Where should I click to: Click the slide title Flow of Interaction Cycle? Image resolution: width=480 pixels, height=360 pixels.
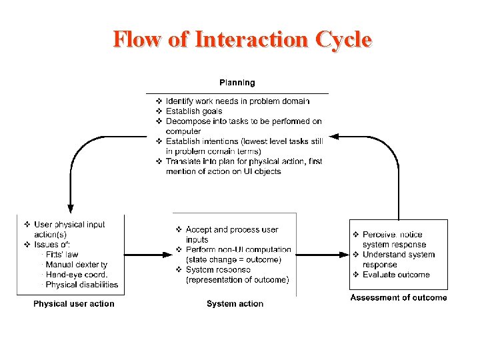(x=242, y=39)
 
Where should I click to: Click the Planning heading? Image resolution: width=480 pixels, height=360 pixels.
(x=237, y=83)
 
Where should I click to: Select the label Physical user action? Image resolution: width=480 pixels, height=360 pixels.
(x=74, y=304)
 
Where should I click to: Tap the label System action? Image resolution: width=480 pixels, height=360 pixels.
(x=235, y=304)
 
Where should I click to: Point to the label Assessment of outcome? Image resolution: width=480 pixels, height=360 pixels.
(x=399, y=297)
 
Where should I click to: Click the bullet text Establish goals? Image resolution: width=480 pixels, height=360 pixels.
(x=194, y=111)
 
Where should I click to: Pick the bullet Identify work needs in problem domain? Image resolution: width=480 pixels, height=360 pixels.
(x=237, y=101)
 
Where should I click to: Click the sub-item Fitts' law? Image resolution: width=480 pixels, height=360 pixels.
(x=62, y=255)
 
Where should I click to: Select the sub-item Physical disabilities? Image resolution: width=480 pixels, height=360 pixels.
(x=82, y=285)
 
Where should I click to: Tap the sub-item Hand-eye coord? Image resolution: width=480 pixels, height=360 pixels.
(x=77, y=275)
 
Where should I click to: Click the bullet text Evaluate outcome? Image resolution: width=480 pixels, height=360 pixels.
(x=396, y=275)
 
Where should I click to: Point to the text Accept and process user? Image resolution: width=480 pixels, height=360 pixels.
(x=232, y=230)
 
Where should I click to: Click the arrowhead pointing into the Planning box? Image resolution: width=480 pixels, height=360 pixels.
(x=334, y=136)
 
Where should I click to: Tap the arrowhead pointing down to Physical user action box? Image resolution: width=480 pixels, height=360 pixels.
(x=69, y=209)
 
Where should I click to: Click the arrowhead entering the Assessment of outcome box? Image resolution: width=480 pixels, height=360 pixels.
(x=345, y=254)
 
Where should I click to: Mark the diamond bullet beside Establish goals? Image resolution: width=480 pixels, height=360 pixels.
(x=159, y=111)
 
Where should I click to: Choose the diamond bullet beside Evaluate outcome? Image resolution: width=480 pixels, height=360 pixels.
(x=356, y=275)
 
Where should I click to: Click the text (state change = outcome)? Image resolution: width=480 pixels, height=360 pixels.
(x=233, y=260)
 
